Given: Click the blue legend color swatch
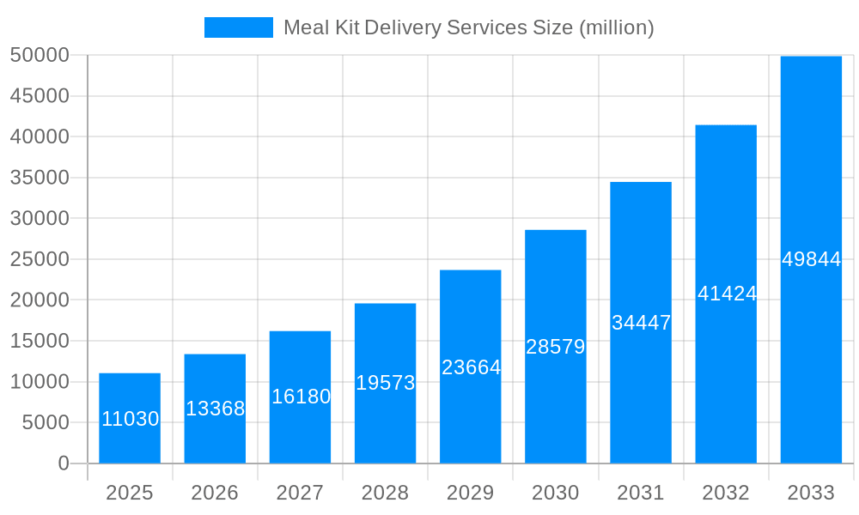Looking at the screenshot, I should pyautogui.click(x=238, y=27).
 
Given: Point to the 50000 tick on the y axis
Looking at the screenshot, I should pyautogui.click(x=40, y=55).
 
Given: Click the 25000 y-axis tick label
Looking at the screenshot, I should pyautogui.click(x=40, y=259).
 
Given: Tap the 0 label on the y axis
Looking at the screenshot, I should pyautogui.click(x=64, y=463).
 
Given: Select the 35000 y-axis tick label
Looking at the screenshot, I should pyautogui.click(x=40, y=178).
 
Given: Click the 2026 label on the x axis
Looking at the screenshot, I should pyautogui.click(x=215, y=493).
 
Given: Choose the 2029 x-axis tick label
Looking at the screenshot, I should pyautogui.click(x=471, y=493).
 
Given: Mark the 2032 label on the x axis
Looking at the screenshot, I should pyautogui.click(x=726, y=493).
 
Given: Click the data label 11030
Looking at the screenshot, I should pyautogui.click(x=130, y=419).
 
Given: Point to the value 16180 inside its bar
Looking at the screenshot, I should pyautogui.click(x=301, y=397).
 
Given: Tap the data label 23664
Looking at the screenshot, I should pyautogui.click(x=471, y=367).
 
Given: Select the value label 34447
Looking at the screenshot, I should pyautogui.click(x=641, y=323).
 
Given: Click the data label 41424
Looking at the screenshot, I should pyautogui.click(x=727, y=294).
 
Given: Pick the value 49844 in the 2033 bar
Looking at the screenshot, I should pyautogui.click(x=811, y=259).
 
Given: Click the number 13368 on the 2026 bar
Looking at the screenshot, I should pyautogui.click(x=215, y=409).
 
